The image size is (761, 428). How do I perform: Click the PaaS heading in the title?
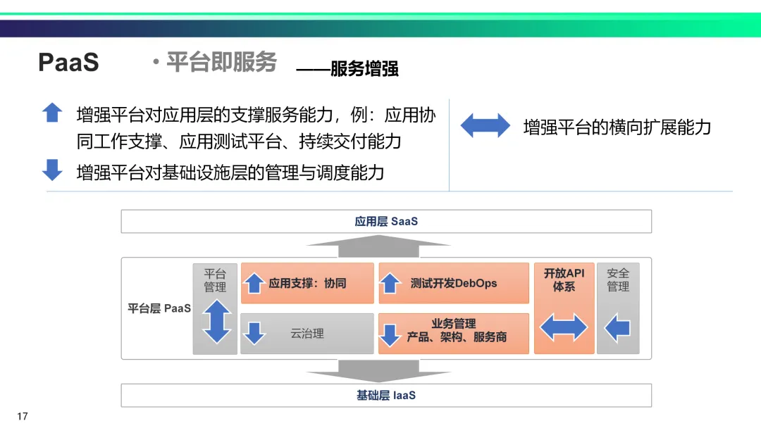point(68,63)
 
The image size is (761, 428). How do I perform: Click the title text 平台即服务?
point(221,62)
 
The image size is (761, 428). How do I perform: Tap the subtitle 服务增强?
point(364,68)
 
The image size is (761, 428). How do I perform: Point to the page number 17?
point(22,417)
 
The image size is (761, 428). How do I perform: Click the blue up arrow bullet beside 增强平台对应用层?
point(52,113)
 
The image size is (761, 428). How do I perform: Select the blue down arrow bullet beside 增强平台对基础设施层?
point(52,170)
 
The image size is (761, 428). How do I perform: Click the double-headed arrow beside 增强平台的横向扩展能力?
point(485,125)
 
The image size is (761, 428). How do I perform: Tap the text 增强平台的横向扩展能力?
point(617,127)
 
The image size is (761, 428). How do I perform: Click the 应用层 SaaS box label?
point(386,221)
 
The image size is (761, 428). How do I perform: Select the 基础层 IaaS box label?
point(386,396)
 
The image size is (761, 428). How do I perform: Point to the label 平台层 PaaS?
point(159,308)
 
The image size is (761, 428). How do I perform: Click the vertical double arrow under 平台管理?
point(216,322)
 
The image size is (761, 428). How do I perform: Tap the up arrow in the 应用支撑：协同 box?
point(254,284)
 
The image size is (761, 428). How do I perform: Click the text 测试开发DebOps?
point(454,284)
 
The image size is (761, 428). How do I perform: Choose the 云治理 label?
point(307,334)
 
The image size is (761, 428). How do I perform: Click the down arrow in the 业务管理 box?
point(390,334)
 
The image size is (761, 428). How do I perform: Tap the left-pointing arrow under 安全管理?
point(617,327)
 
